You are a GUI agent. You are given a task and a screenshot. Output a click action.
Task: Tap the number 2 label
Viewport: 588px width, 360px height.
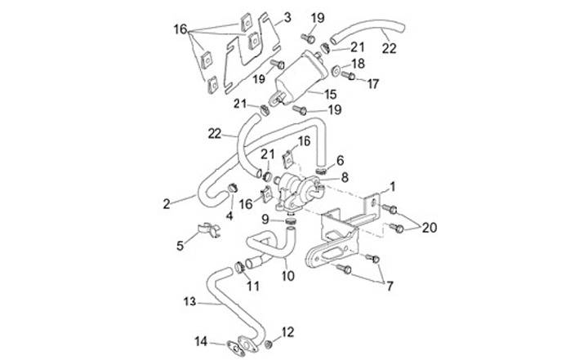click(167, 204)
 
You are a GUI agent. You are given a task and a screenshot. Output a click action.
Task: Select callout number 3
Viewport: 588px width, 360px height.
click(287, 16)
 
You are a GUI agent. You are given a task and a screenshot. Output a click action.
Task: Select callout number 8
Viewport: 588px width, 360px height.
click(253, 286)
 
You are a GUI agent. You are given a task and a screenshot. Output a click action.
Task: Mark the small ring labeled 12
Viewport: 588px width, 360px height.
click(265, 336)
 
